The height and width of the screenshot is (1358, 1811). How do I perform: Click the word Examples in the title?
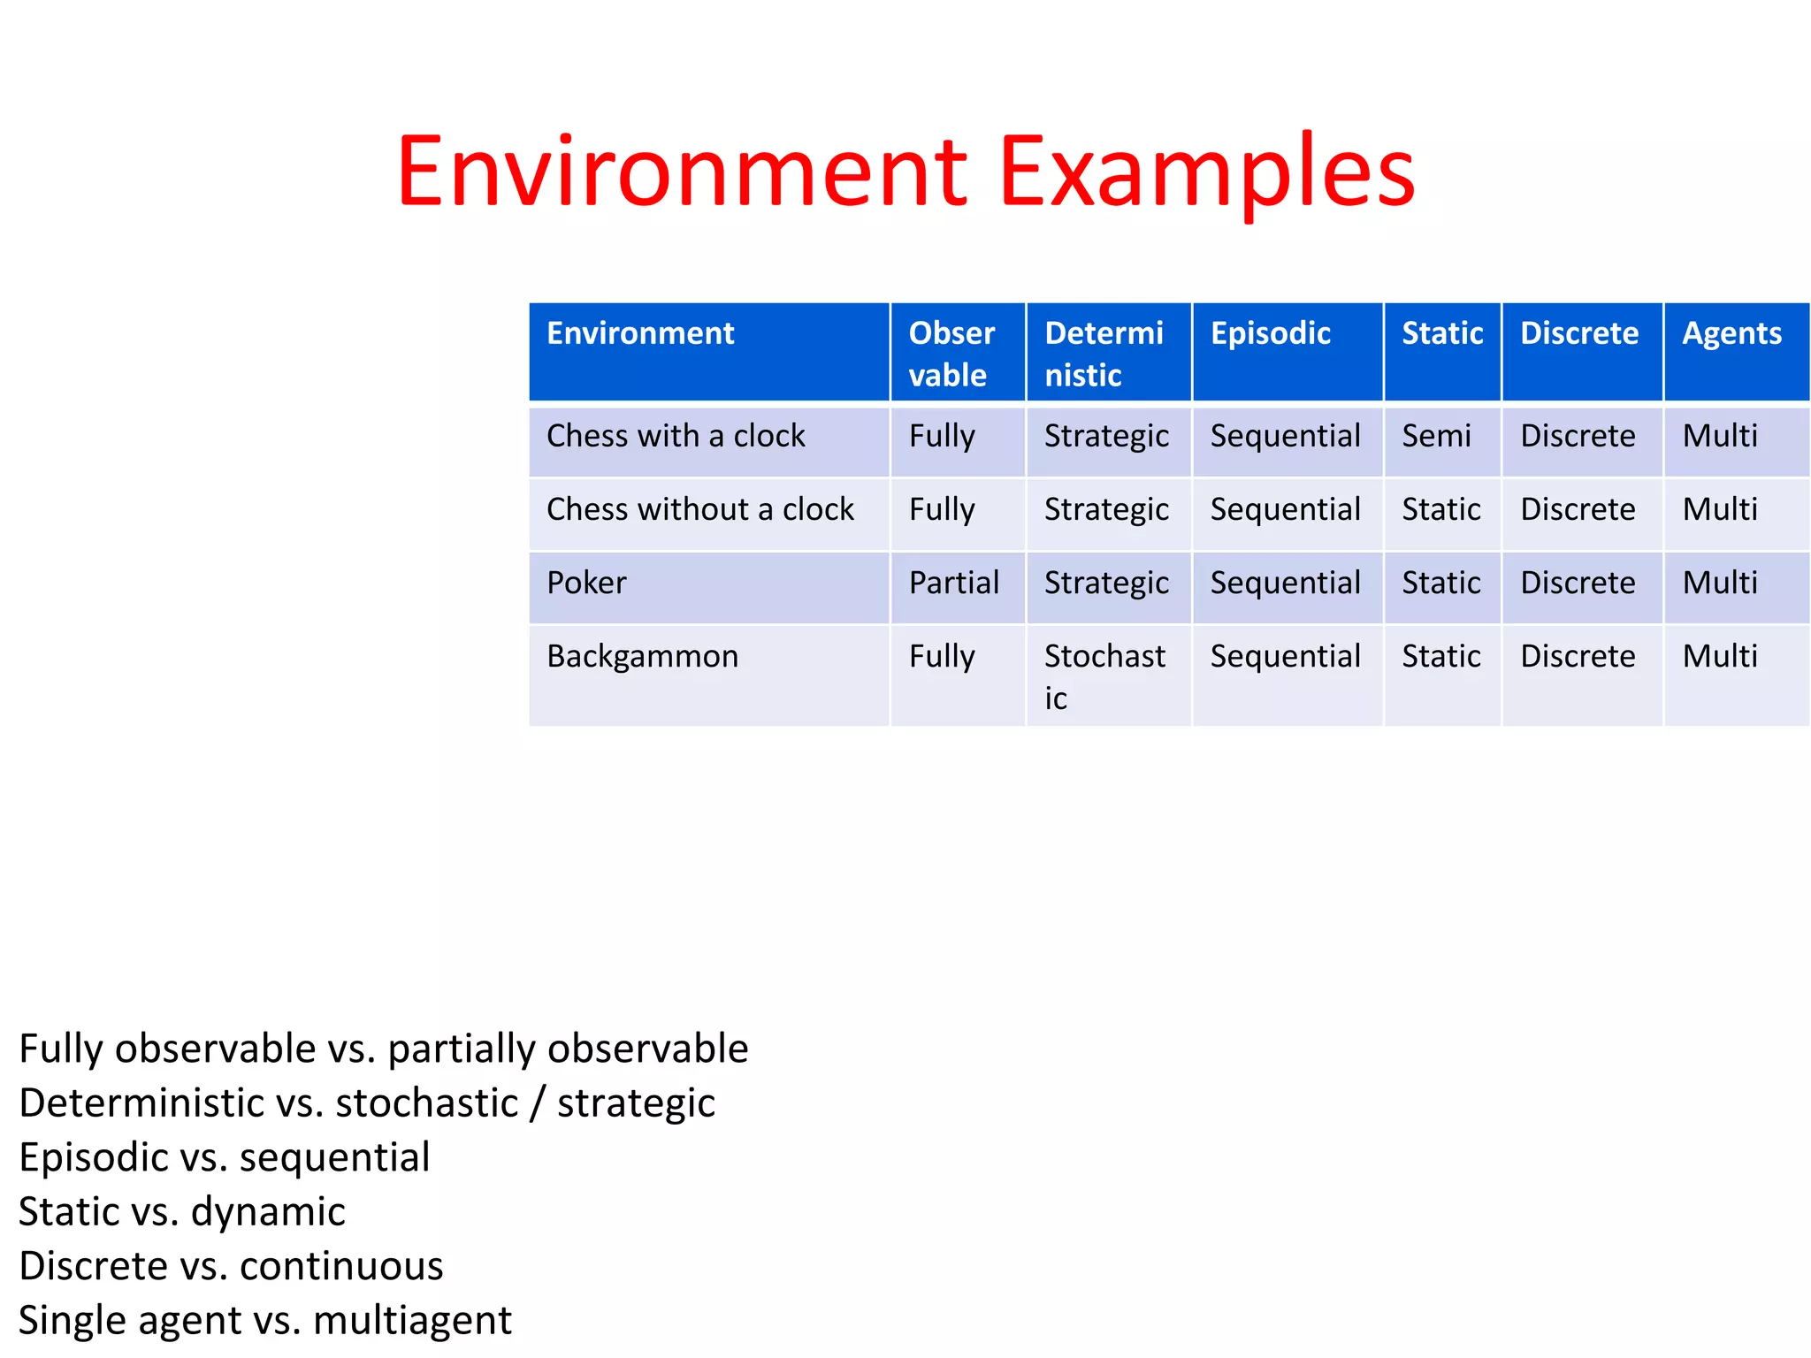click(x=1207, y=172)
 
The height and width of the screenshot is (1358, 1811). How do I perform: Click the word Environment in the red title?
click(x=681, y=172)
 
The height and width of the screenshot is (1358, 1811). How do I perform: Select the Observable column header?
click(x=951, y=354)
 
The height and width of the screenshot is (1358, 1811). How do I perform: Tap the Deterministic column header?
click(x=1104, y=354)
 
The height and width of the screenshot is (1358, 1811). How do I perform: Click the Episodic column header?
click(x=1270, y=333)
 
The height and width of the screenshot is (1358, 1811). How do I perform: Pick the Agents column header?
click(x=1731, y=333)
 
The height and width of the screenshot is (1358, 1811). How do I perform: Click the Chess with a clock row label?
click(x=676, y=436)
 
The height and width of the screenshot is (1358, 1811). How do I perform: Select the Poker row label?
click(x=586, y=583)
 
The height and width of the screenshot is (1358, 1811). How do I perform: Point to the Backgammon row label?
click(x=642, y=656)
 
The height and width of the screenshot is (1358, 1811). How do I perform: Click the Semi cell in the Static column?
click(x=1436, y=436)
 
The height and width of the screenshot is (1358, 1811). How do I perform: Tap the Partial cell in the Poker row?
click(x=953, y=583)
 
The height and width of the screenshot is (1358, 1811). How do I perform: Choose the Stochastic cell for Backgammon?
click(x=1104, y=676)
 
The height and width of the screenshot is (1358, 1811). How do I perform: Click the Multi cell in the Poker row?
click(x=1720, y=583)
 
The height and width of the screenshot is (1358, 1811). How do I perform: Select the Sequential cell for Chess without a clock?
click(x=1285, y=509)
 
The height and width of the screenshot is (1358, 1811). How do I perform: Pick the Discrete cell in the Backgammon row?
click(x=1578, y=656)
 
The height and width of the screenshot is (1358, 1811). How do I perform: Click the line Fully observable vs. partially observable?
click(x=383, y=1049)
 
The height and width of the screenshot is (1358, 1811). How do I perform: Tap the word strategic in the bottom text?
click(x=636, y=1103)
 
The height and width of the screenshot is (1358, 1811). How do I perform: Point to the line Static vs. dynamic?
click(x=181, y=1211)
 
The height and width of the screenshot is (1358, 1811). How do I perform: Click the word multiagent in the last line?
click(x=412, y=1320)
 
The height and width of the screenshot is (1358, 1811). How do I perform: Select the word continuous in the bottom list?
click(x=341, y=1266)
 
